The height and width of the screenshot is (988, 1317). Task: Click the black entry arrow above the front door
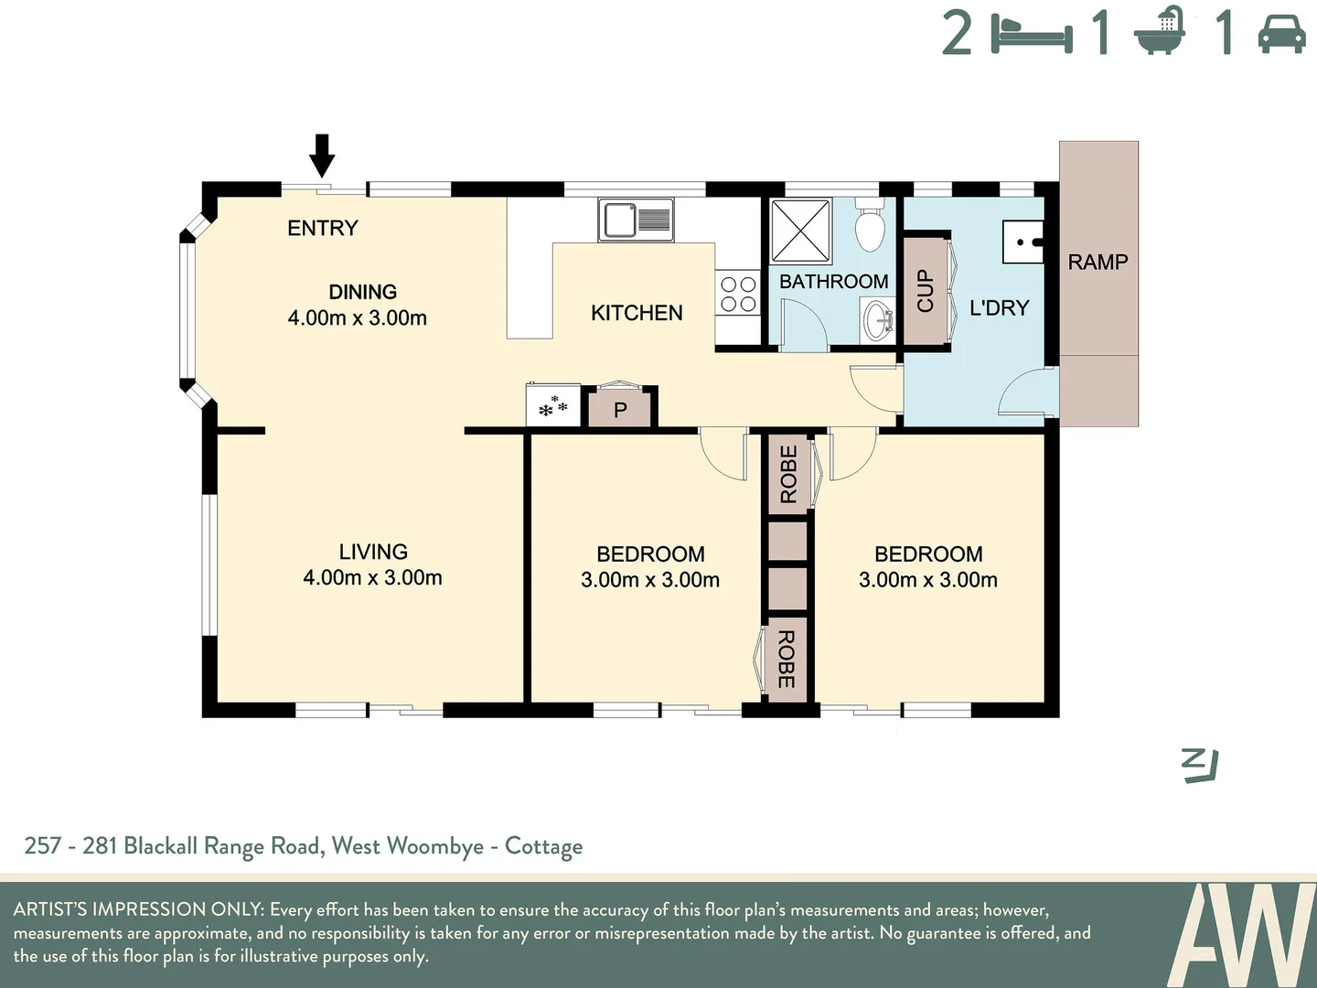pyautogui.click(x=322, y=155)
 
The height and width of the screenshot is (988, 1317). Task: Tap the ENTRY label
pyautogui.click(x=322, y=228)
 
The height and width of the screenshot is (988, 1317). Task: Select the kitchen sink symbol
pyautogui.click(x=637, y=220)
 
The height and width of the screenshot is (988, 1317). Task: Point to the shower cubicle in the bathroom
pyautogui.click(x=800, y=231)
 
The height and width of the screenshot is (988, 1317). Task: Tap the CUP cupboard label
pyautogui.click(x=925, y=291)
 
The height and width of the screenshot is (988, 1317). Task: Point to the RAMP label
pyautogui.click(x=1097, y=263)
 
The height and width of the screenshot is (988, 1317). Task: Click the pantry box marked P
pyautogui.click(x=620, y=410)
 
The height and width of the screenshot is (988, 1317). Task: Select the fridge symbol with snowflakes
pyautogui.click(x=553, y=406)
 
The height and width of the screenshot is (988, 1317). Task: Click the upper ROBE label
pyautogui.click(x=788, y=474)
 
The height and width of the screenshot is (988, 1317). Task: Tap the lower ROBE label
pyautogui.click(x=787, y=660)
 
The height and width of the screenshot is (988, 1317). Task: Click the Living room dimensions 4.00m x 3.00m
pyautogui.click(x=372, y=578)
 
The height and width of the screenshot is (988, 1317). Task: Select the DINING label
pyautogui.click(x=362, y=292)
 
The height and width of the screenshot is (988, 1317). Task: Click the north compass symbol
pyautogui.click(x=1199, y=765)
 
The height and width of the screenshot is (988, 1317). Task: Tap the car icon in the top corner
pyautogui.click(x=1281, y=34)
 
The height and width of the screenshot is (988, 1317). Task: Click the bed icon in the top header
pyautogui.click(x=1033, y=35)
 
